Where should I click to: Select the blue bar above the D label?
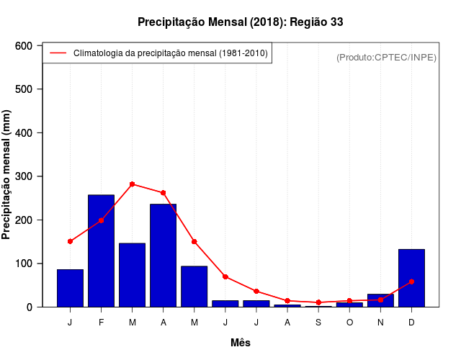click(x=411, y=278)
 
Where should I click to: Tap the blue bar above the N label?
click(x=380, y=300)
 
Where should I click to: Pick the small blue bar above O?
click(x=349, y=305)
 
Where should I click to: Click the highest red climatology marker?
click(x=132, y=184)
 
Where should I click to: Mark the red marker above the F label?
click(x=101, y=220)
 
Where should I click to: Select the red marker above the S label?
click(x=318, y=302)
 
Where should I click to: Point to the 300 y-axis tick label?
click(x=24, y=176)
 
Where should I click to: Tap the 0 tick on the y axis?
click(x=30, y=307)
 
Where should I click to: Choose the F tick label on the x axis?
click(x=101, y=323)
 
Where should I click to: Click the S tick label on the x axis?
click(x=318, y=323)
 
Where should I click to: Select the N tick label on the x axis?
click(x=380, y=323)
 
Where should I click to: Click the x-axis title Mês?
click(x=241, y=343)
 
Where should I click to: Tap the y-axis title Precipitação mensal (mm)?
click(x=7, y=176)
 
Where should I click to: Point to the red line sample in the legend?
click(x=58, y=53)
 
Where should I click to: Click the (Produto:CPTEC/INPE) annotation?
click(x=386, y=57)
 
